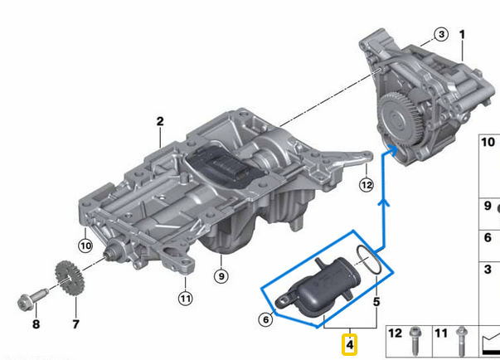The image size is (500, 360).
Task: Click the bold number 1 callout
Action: tap(463, 35)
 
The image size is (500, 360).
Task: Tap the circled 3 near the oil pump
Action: tap(441, 35)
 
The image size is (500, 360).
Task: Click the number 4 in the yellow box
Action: tap(350, 341)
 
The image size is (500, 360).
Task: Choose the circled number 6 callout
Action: tap(265, 319)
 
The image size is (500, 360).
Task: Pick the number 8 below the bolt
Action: tap(35, 324)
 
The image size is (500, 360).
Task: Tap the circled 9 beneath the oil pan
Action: tap(221, 275)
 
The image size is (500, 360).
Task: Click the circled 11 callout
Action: tap(185, 298)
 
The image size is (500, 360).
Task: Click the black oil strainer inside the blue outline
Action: tap(318, 286)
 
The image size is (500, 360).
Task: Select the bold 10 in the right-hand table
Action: tap(490, 143)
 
